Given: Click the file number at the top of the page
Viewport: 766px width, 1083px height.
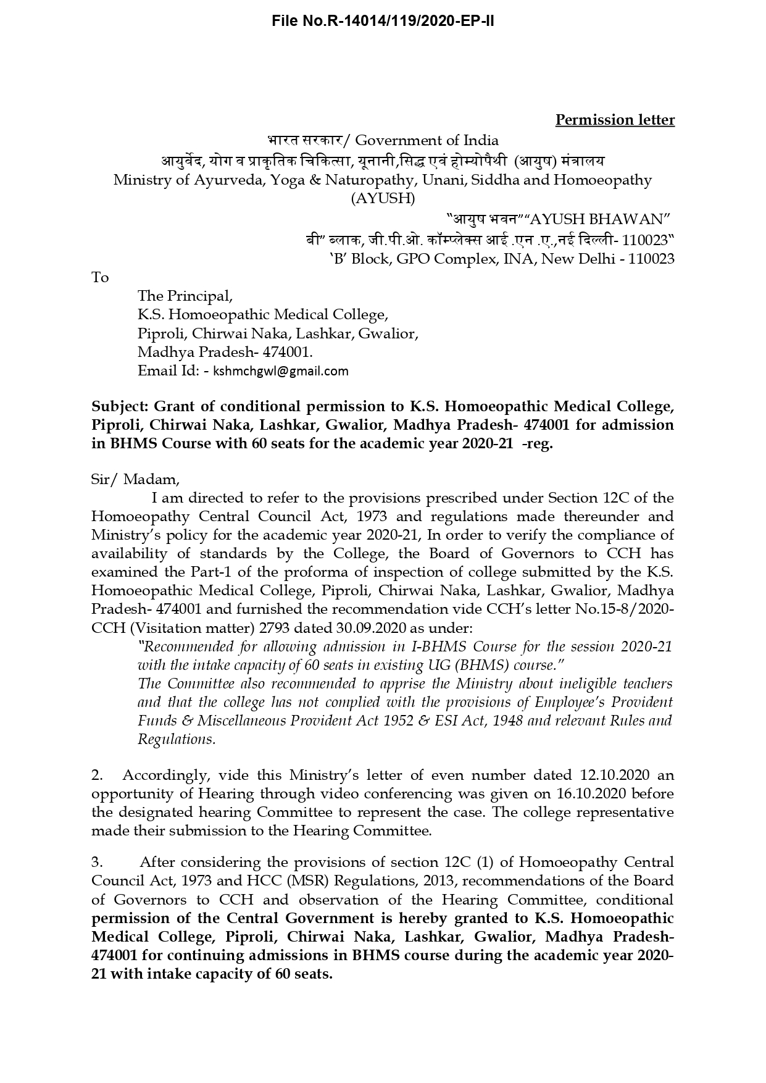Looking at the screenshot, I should point(383,22).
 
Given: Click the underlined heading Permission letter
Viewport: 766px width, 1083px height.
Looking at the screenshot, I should point(615,120).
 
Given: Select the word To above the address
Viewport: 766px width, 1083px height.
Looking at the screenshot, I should point(100,278).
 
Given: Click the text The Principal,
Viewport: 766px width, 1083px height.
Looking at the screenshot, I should point(185,296).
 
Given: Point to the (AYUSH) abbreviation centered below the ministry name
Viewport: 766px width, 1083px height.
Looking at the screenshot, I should point(383,199).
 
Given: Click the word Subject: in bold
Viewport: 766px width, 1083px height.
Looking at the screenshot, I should point(120,406).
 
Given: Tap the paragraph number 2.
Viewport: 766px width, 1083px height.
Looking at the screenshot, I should point(96,776).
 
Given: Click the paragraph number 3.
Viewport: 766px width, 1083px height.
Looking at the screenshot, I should point(96,862).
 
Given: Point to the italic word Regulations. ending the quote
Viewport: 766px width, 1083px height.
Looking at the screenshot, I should point(177,740).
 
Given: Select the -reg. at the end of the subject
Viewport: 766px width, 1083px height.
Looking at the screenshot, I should point(537,444).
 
